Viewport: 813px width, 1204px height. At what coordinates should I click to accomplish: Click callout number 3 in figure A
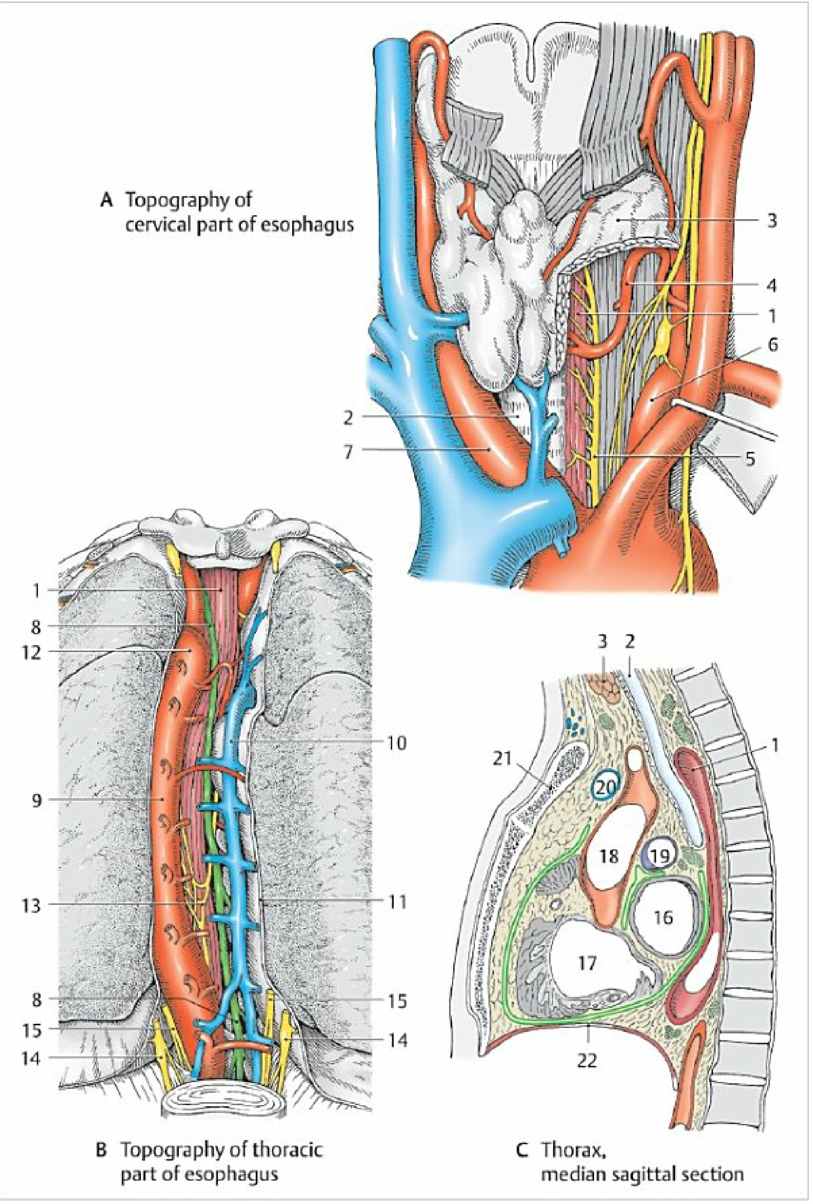[771, 221]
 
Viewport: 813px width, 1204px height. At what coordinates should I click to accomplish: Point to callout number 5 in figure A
[750, 458]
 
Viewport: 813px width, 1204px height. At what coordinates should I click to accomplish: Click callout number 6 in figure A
[772, 344]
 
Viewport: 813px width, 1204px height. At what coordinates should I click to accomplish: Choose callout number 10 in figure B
[396, 743]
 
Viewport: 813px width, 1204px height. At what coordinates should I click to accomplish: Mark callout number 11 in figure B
[396, 902]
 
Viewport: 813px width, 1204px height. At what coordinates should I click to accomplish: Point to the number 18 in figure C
[609, 855]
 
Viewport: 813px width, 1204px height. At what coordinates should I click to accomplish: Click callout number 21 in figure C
[501, 759]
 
